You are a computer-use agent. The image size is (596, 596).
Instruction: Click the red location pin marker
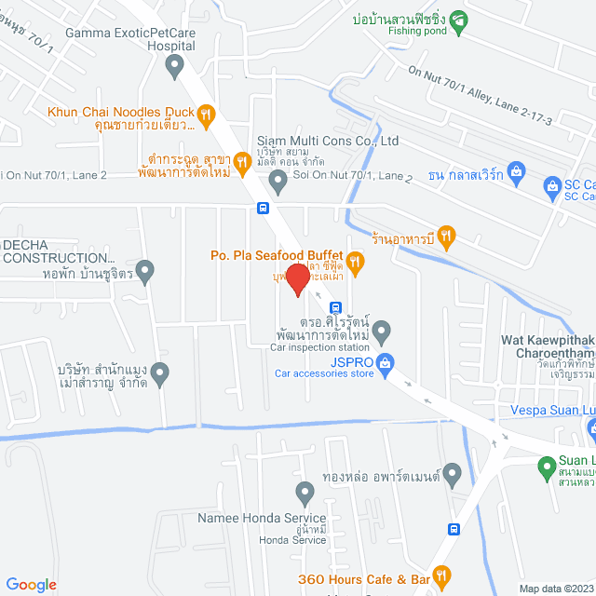[x=297, y=278]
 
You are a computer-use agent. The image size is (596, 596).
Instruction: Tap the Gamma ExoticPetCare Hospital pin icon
[x=173, y=65]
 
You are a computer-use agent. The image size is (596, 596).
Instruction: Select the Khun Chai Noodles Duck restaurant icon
[x=207, y=116]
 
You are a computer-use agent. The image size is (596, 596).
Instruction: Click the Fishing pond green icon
[x=457, y=18]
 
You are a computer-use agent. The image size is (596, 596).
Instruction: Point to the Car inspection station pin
[x=381, y=331]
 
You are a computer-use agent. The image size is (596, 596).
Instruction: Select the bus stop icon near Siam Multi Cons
[x=264, y=208]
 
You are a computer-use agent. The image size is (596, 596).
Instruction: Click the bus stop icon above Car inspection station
[x=336, y=306]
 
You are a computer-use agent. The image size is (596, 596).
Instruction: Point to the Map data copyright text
[x=556, y=589]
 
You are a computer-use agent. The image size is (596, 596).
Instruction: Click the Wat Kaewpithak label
[x=549, y=341]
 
